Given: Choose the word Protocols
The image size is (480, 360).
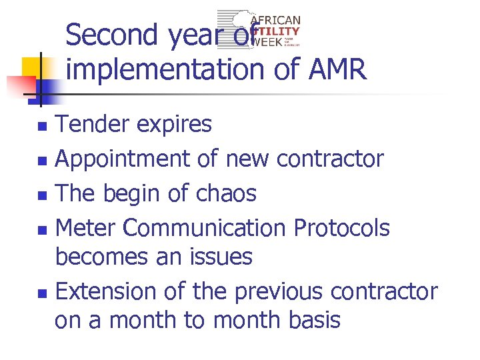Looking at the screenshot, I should click(x=342, y=229).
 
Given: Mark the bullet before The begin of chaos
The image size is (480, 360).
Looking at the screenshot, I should click(x=42, y=195).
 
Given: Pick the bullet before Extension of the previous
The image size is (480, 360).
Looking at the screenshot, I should click(x=42, y=293).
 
